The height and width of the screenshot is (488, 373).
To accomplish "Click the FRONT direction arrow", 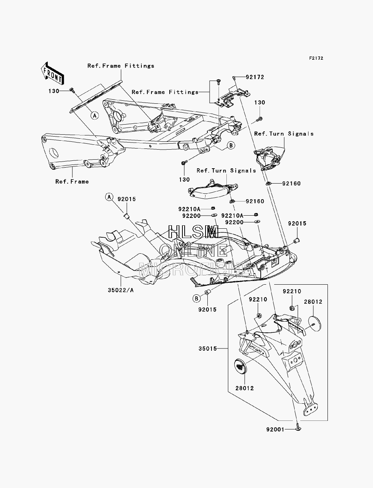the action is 53,73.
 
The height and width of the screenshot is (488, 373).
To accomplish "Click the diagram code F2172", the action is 316,58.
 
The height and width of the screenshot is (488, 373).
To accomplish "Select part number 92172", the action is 255,77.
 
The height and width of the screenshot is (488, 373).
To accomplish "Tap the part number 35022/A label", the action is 121,290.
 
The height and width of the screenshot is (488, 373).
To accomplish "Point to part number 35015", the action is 208,348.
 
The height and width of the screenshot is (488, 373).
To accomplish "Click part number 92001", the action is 275,429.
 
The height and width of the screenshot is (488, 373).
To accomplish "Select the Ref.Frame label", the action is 72,182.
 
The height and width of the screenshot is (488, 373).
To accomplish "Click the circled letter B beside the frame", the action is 231,146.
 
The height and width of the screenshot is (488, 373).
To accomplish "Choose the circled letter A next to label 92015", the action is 109,197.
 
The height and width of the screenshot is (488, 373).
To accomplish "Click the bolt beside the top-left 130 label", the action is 72,90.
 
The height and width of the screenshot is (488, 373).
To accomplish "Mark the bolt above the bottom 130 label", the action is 184,163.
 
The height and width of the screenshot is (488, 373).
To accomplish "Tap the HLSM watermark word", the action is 193,232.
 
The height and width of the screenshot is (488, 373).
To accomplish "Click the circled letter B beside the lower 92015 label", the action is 197,298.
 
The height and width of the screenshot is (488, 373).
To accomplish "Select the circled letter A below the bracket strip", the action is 95,116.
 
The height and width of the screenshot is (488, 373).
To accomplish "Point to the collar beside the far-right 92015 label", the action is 297,241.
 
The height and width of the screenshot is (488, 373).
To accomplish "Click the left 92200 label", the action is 191,216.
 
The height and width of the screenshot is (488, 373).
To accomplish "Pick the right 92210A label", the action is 232,215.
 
